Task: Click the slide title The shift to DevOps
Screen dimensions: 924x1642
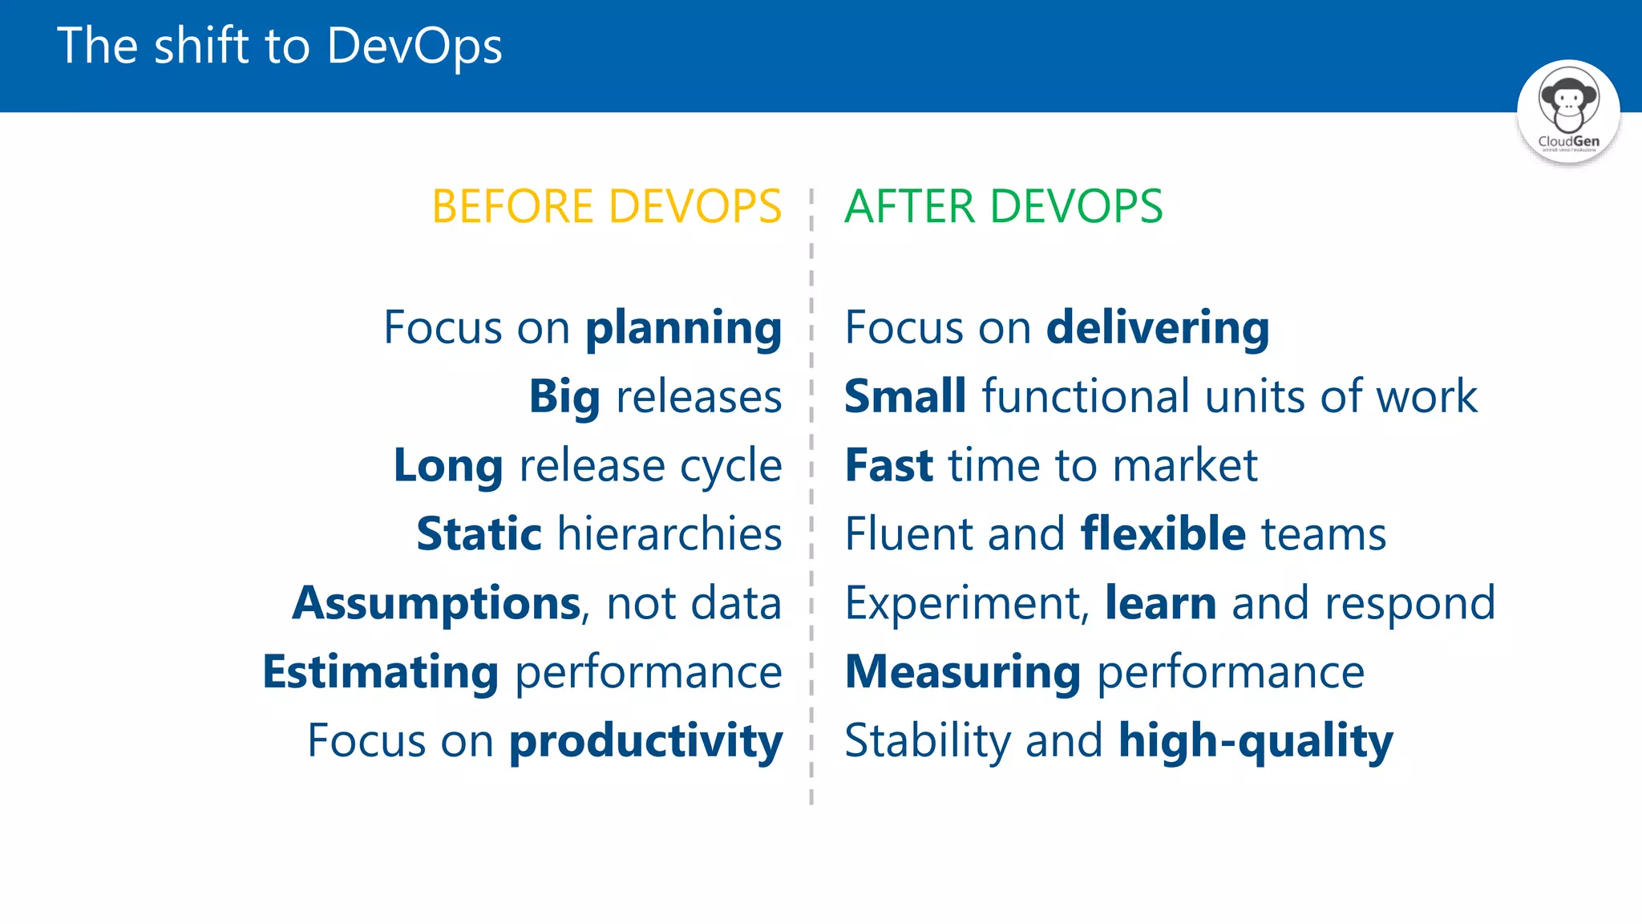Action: coord(280,46)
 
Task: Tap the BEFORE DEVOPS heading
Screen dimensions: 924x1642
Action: coord(606,207)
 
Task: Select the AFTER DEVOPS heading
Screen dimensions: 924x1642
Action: coord(1003,207)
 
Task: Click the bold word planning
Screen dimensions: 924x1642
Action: coord(683,329)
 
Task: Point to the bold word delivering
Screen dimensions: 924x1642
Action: coord(1158,329)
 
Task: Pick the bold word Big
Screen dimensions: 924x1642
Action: coord(564,398)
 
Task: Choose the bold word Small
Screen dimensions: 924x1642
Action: coord(905,397)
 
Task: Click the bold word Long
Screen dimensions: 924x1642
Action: coord(448,467)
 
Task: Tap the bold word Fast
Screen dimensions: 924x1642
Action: coord(889,466)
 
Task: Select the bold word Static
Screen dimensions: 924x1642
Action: coord(479,535)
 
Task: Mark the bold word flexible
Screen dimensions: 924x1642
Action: coord(1163,534)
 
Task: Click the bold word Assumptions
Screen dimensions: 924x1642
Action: coord(437,604)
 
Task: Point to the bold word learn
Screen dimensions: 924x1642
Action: coord(1160,603)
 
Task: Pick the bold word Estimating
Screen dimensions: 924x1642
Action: coord(381,672)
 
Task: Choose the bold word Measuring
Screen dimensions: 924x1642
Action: coord(963,672)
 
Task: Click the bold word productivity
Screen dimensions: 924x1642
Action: coord(645,742)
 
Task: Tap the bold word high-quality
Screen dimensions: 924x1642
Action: coord(1256,742)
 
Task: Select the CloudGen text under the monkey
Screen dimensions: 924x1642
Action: coord(1568,141)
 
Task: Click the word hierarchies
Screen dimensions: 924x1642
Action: coord(669,535)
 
